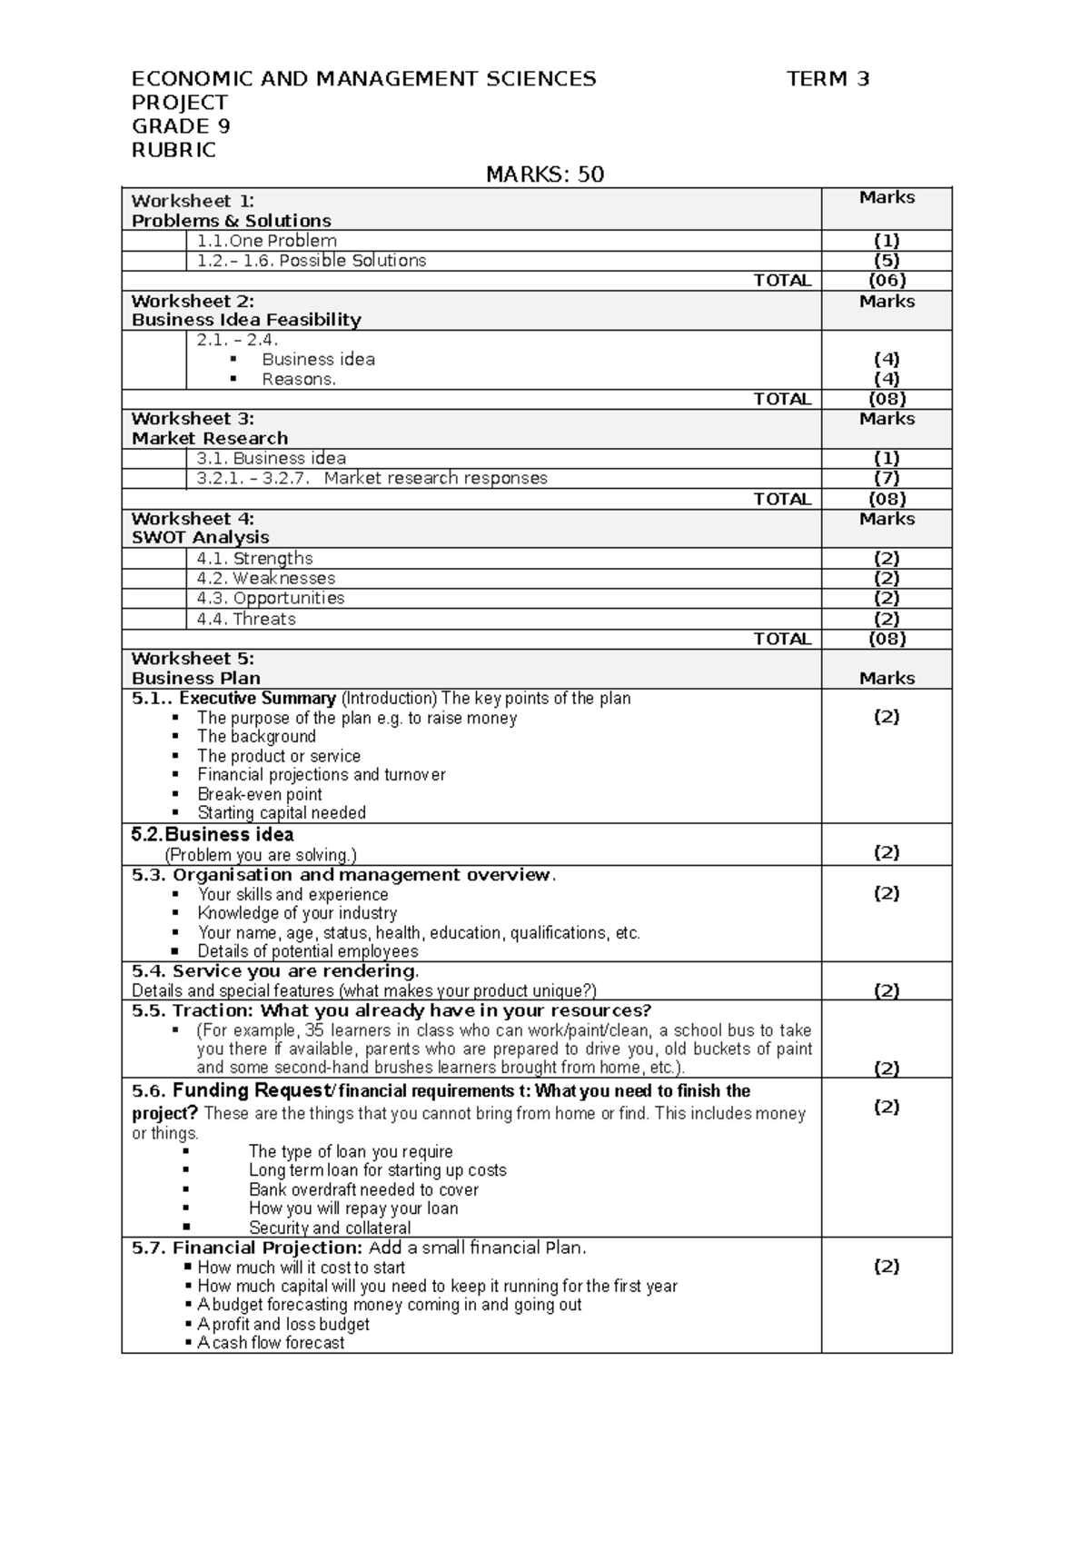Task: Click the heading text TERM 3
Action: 827,79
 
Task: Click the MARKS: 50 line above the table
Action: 545,174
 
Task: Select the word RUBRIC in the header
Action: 173,150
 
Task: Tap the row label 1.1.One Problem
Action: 267,241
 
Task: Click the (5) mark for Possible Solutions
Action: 887,261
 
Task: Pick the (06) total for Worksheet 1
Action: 887,281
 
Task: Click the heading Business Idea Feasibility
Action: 246,320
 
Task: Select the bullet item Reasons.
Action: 299,380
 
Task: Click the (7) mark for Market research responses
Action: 887,478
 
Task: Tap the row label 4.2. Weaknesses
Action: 266,579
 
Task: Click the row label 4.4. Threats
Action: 246,619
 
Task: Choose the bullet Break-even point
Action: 260,794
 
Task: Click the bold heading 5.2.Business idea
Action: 213,835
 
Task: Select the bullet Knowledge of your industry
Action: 297,913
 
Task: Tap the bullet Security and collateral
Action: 330,1228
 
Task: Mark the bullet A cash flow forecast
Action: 271,1343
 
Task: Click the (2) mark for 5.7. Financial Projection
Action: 887,1267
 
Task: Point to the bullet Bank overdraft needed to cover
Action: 363,1189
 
